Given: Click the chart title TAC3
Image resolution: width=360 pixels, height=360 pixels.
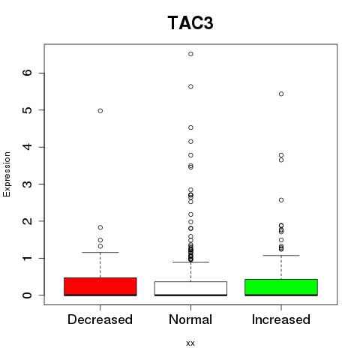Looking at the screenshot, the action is coord(190,22).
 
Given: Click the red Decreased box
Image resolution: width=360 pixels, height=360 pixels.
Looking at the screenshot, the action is coord(100,286).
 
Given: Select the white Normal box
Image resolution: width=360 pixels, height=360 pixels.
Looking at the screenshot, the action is coord(190,289).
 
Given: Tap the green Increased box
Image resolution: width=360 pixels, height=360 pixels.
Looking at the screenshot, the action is coord(281,287).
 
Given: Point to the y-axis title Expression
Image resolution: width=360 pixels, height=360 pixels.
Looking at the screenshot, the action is coord(7,174).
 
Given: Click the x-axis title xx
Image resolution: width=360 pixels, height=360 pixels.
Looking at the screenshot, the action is coord(190,343).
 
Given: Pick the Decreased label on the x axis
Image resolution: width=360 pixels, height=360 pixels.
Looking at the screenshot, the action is coord(100,319).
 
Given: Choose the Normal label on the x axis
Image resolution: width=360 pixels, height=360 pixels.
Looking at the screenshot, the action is coord(190,319).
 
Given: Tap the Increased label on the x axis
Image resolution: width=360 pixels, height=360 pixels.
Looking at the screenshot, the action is coord(281,319).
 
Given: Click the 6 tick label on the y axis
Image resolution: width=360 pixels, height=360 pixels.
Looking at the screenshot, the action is coord(28,73).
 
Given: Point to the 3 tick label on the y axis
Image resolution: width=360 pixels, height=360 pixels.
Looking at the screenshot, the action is coord(28,184).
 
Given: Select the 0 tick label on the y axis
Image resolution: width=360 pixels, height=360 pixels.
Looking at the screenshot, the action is coord(28,295).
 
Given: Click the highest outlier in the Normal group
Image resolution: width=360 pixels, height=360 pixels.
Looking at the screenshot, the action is coord(190,54).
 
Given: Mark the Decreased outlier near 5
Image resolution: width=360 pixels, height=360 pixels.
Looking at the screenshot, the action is coord(100,111).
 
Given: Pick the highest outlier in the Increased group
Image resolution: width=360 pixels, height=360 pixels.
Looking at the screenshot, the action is coord(281,94).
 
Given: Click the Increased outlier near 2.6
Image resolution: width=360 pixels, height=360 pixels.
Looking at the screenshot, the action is coord(281,200).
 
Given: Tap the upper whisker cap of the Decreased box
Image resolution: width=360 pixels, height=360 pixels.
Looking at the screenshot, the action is coord(100,252).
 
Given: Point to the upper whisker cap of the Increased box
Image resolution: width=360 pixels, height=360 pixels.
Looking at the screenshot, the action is coord(281,255).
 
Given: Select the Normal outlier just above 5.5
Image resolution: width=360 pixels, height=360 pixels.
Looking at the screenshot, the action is coord(190,86).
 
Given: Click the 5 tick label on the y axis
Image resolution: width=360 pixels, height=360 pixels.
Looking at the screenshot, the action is coord(28,110).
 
